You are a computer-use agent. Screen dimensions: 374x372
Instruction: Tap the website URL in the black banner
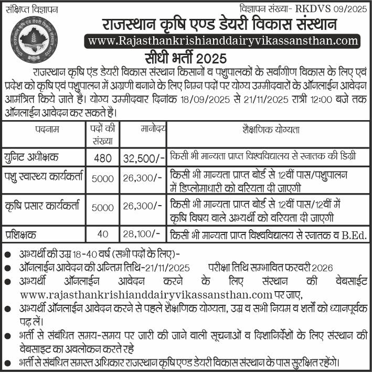click(223, 41)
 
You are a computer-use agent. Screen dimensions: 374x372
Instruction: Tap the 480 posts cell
click(103, 157)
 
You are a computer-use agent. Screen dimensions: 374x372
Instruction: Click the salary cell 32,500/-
click(144, 157)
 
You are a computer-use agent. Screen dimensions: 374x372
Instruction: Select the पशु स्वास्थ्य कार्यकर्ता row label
click(44, 177)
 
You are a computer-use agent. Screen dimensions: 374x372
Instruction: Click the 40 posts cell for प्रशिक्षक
click(103, 234)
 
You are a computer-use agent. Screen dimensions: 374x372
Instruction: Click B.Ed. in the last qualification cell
click(356, 234)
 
